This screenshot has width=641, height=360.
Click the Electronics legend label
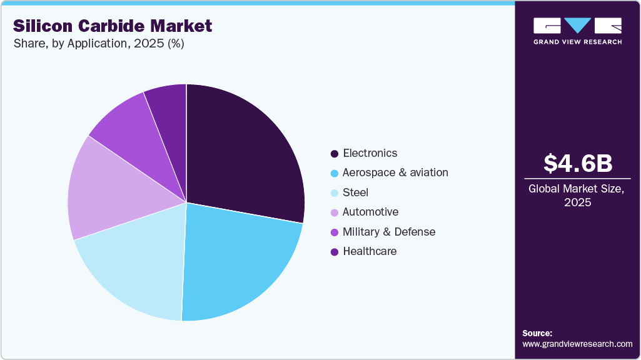pyautogui.click(x=370, y=153)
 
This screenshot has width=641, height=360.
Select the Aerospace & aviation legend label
pyautogui.click(x=395, y=172)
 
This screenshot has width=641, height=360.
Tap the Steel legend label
pyautogui.click(x=355, y=192)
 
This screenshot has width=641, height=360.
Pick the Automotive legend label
pyautogui.click(x=370, y=212)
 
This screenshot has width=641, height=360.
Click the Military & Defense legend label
pyautogui.click(x=388, y=232)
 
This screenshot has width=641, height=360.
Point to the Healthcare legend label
pyautogui.click(x=370, y=251)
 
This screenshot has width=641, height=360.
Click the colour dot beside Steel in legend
pyautogui.click(x=335, y=192)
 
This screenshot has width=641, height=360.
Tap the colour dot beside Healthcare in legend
pyautogui.click(x=335, y=252)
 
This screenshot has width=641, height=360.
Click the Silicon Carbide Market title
pyautogui.click(x=113, y=26)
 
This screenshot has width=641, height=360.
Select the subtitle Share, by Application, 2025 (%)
pyautogui.click(x=98, y=44)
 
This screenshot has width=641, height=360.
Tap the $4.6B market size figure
pyautogui.click(x=577, y=163)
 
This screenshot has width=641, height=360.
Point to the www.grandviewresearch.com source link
pyautogui.click(x=577, y=344)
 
